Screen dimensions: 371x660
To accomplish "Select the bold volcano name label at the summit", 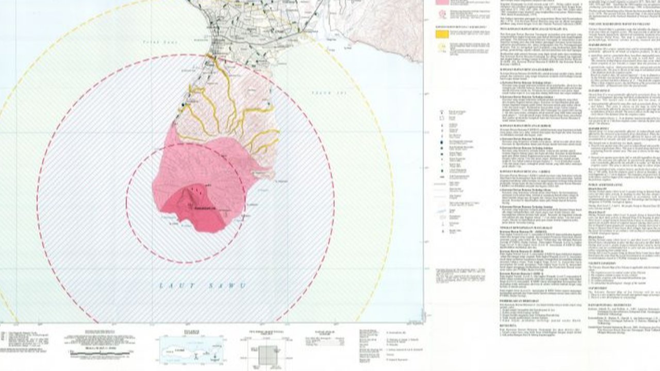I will pos(203,208).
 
